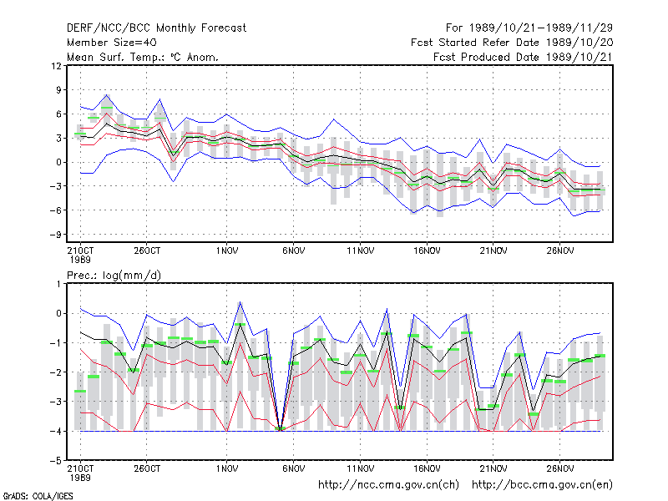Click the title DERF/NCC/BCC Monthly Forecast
point(156,28)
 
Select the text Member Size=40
point(112,43)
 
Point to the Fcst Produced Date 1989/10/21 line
point(523,57)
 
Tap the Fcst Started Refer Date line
point(512,43)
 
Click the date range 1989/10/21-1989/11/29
point(541,28)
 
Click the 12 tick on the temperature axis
point(56,66)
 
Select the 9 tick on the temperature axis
point(58,90)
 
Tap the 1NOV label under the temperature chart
point(226,250)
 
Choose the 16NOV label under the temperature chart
point(427,250)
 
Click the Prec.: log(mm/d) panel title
point(114,276)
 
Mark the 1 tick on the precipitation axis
point(58,284)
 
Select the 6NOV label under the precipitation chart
point(294,468)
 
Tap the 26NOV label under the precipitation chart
point(559,468)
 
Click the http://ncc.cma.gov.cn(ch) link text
point(388,485)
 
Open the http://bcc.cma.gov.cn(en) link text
point(542,485)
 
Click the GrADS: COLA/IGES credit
point(38,496)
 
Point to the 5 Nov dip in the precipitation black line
point(280,430)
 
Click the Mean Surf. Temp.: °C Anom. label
point(143,57)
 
